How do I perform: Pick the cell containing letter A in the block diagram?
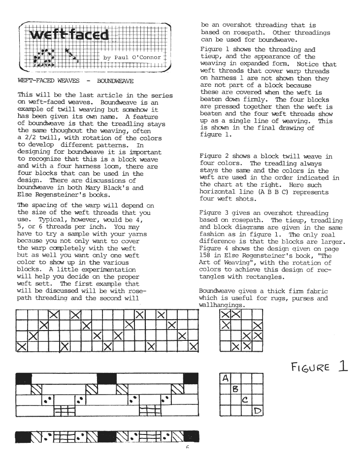226,379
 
